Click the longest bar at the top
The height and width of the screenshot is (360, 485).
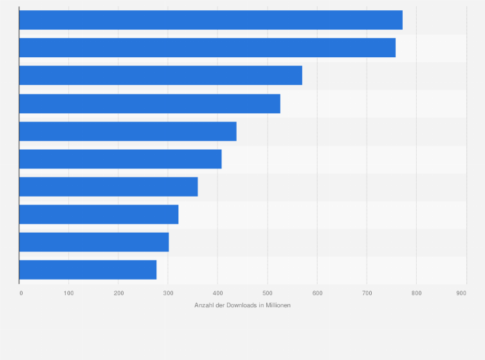pos(210,20)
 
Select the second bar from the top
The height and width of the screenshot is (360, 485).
pos(207,48)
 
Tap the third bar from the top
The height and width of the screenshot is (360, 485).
pos(160,75)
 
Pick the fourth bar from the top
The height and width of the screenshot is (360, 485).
pos(149,104)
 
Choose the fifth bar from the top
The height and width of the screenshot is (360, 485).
pos(127,131)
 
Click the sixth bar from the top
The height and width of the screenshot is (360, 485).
pos(120,159)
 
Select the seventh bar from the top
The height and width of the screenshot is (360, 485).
pos(108,186)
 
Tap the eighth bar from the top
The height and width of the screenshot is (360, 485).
pos(98,214)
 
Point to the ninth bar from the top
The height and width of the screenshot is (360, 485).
pos(94,242)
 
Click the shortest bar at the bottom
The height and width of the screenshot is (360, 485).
pos(87,269)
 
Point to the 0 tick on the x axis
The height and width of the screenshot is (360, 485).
pos(21,293)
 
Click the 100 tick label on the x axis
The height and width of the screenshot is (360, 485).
pos(69,293)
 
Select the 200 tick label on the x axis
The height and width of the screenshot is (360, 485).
pos(118,293)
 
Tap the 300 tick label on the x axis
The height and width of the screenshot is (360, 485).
pos(168,293)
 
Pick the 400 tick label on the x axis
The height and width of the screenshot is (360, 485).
pos(217,293)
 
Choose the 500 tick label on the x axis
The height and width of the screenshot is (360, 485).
pos(268,293)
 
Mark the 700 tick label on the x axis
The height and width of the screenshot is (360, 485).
pos(367,293)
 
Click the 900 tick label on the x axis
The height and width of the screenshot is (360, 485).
pos(461,293)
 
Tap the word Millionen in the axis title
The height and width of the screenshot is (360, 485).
pos(277,305)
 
